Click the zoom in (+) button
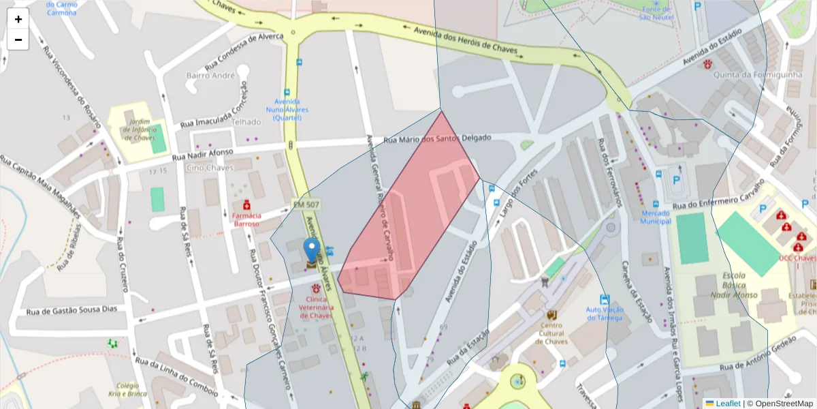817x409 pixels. [x=18, y=19]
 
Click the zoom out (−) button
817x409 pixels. [x=18, y=40]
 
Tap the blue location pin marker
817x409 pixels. [x=311, y=251]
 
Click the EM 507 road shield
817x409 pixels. [x=306, y=204]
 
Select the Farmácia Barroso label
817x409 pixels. [x=246, y=219]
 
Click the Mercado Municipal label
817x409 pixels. [x=655, y=216]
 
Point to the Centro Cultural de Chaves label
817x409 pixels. [x=551, y=333]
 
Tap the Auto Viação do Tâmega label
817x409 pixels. [x=605, y=313]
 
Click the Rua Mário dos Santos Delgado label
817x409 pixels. [x=437, y=138]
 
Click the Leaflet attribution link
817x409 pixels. [x=727, y=404]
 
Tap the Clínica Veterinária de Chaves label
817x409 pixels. [x=316, y=307]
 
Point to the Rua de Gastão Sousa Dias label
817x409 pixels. [x=71, y=311]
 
